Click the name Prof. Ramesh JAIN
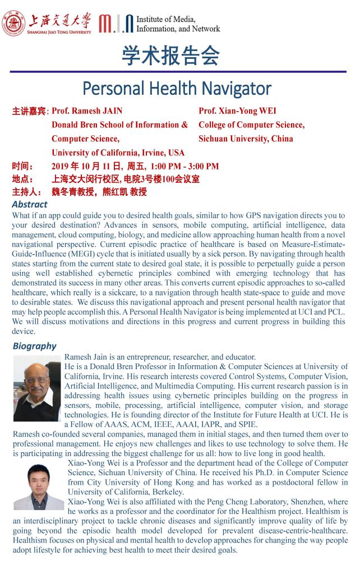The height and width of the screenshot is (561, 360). pos(87,111)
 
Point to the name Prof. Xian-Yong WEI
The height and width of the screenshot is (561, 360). pos(237,111)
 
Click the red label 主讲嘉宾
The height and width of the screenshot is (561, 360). pos(30,111)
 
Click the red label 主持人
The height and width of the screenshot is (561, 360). pos(26,192)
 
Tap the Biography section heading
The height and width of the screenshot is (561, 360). pos(34,346)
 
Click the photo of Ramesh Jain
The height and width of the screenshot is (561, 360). pos(37,382)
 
